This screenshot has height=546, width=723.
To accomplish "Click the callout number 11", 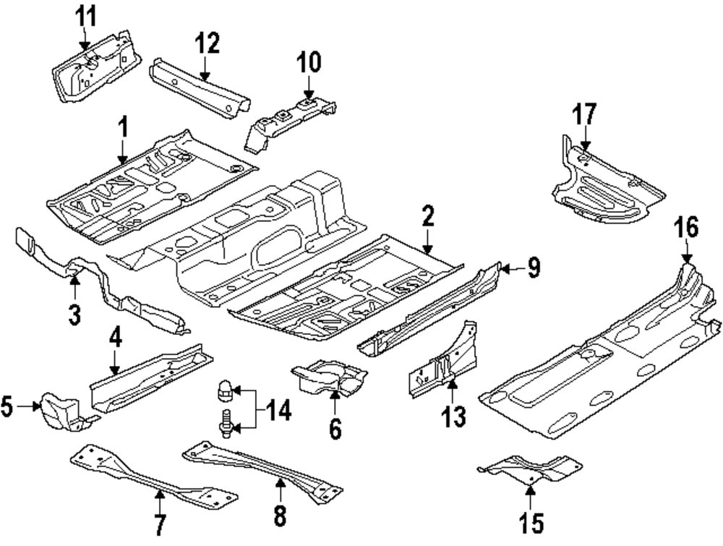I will click(86, 14).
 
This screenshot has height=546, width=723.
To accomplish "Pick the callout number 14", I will click(276, 411).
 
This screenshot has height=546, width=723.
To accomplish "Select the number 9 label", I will click(533, 269).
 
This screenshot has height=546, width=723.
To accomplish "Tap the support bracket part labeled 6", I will click(328, 377).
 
